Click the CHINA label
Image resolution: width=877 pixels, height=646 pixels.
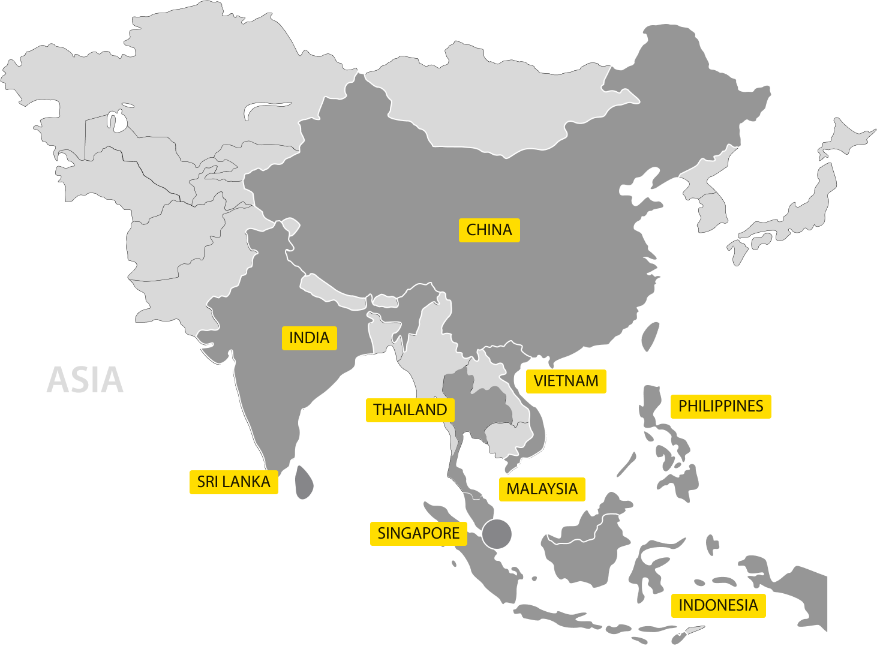click(x=489, y=230)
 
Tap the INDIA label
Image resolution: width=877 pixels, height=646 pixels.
click(x=309, y=338)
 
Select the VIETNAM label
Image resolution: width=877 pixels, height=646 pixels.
click(x=566, y=381)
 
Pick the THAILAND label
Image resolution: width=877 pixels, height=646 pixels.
click(x=410, y=410)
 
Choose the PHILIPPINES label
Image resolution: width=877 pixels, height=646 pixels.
click(x=720, y=407)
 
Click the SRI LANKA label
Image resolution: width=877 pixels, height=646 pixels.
click(x=233, y=482)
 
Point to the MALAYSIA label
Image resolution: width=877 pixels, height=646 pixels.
click(x=542, y=489)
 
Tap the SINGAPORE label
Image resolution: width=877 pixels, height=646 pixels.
click(x=418, y=534)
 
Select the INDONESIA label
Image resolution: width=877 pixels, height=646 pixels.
click(x=718, y=606)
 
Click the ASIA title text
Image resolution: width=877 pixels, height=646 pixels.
click(x=85, y=380)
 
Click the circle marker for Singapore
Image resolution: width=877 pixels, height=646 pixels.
click(x=497, y=534)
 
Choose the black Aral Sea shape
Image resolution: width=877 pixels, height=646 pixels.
click(x=117, y=120)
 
